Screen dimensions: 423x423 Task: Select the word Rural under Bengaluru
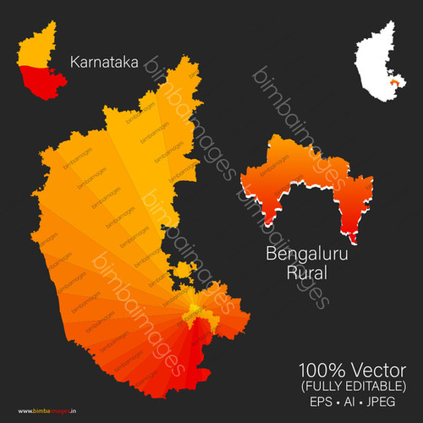pos(304,273)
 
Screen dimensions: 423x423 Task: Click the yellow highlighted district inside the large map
pos(194,302)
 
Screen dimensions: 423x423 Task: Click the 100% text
pos(319,371)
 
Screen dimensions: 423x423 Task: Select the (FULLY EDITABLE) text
pos(353,387)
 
